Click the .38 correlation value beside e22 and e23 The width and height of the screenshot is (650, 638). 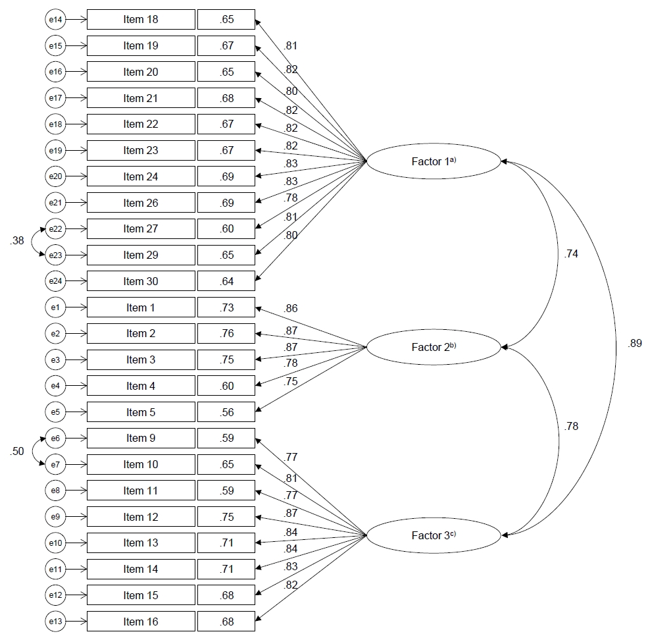tap(17, 240)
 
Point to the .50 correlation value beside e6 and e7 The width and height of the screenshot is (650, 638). tap(17, 451)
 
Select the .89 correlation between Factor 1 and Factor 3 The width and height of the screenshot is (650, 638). tap(635, 344)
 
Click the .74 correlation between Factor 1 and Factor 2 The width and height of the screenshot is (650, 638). tap(571, 254)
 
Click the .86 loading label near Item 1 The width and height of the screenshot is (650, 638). tap(291, 309)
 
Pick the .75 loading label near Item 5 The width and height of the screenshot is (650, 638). tap(291, 382)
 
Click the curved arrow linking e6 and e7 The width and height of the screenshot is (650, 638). tap(33, 451)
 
